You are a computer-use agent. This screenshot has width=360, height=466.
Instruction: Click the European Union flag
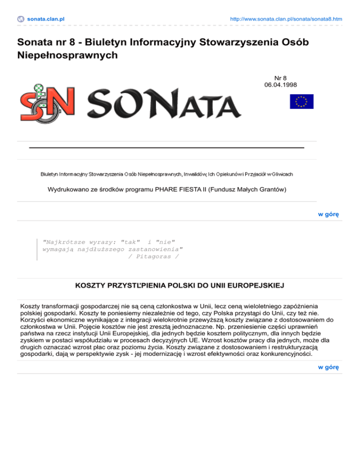(301, 101)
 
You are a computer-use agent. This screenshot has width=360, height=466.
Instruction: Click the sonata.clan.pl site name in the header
(45, 19)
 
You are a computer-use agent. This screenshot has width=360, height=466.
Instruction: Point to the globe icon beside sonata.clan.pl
(21, 19)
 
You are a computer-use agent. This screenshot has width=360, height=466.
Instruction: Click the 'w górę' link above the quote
(328, 214)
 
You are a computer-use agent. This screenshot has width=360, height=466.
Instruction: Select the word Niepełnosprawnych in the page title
(67, 56)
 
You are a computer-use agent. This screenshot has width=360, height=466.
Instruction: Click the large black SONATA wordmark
(164, 101)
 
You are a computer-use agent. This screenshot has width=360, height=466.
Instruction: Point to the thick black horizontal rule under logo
(166, 147)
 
